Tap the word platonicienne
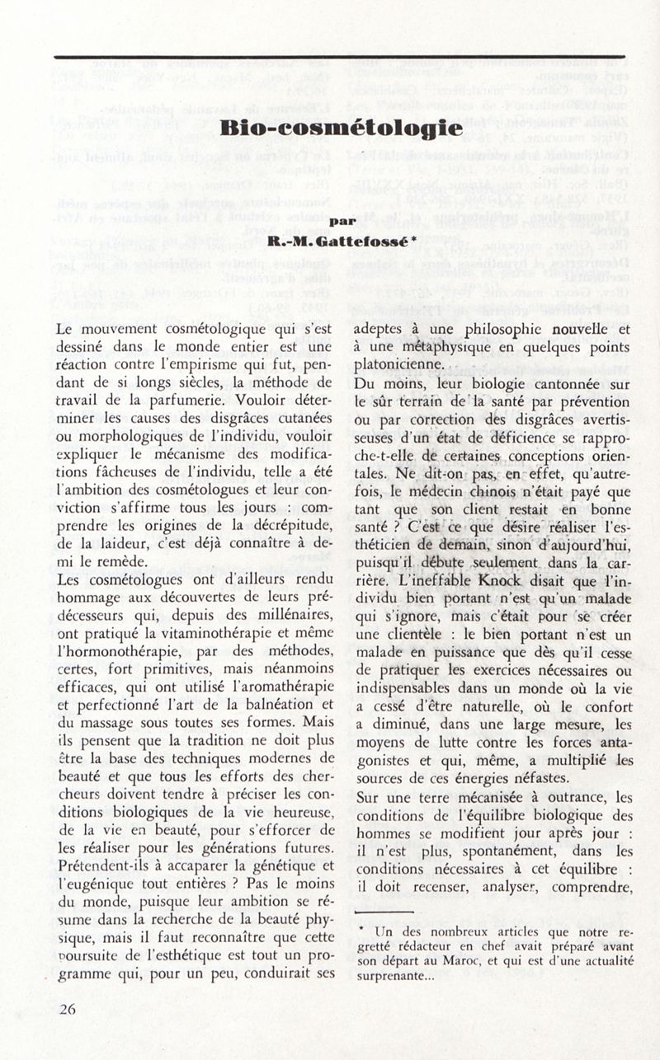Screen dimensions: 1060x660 tap(401, 365)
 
